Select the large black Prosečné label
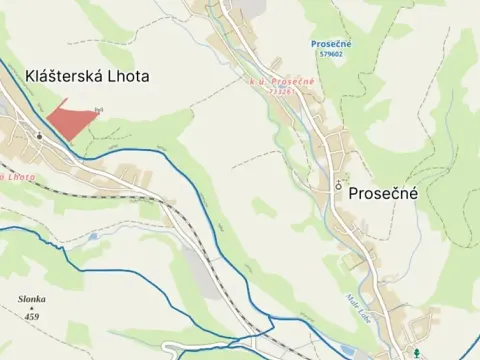(383, 196)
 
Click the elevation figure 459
(32, 317)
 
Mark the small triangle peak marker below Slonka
(32, 308)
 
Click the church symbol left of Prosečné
(339, 185)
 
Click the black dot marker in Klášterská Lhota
(39, 135)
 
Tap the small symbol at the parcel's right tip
(98, 109)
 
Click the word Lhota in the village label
(126, 75)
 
